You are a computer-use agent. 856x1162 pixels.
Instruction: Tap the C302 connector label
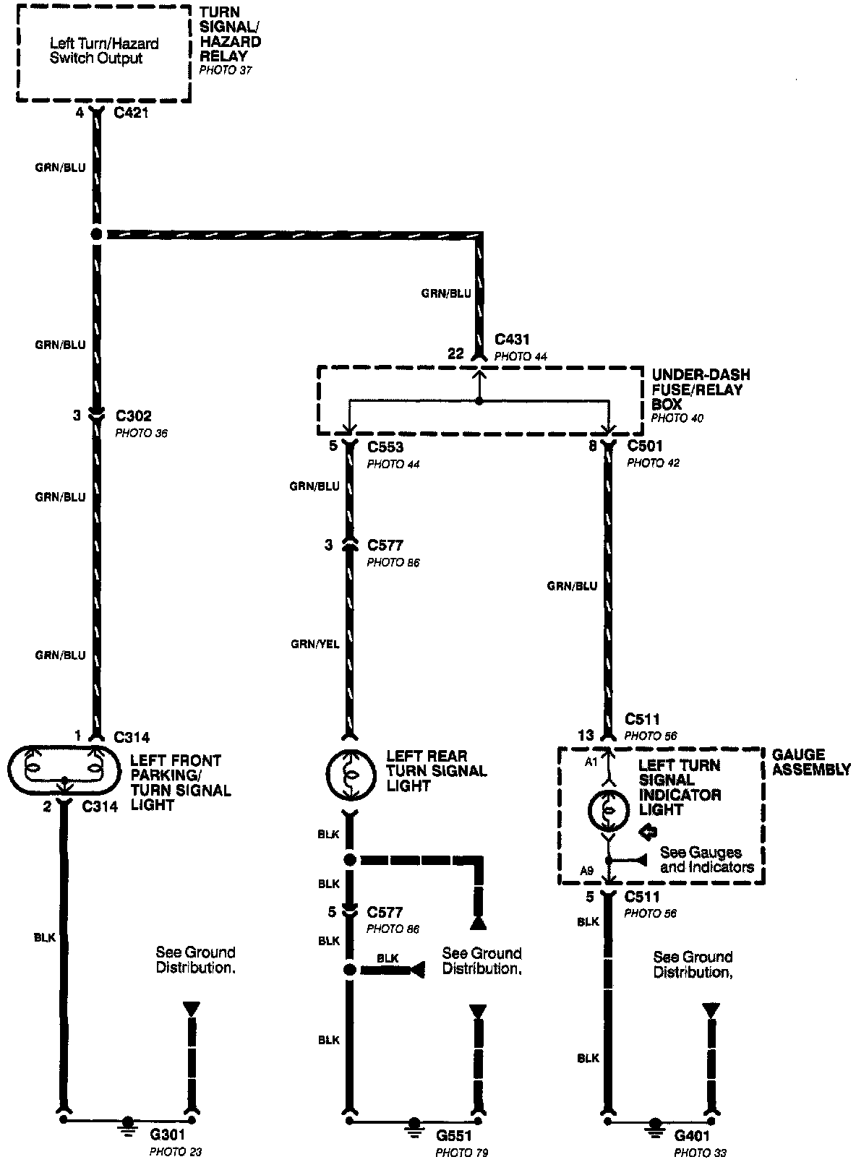click(134, 417)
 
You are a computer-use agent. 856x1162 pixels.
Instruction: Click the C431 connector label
click(512, 339)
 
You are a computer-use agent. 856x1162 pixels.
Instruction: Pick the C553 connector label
click(385, 447)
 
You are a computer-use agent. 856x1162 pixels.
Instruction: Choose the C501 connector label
click(645, 446)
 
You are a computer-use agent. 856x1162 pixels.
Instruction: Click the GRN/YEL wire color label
click(314, 645)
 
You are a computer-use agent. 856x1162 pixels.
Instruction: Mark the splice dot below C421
click(96, 234)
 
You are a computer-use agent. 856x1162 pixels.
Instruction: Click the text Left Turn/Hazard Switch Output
click(104, 51)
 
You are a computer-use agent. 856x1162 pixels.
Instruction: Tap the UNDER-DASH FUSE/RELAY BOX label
click(700, 390)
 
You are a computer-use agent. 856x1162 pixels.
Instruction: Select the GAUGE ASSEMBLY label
click(810, 762)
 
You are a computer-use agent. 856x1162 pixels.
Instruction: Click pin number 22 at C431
click(455, 353)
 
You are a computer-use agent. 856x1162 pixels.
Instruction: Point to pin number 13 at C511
click(586, 736)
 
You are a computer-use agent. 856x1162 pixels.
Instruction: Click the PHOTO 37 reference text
click(226, 71)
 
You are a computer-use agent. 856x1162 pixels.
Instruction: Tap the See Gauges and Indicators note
click(706, 860)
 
